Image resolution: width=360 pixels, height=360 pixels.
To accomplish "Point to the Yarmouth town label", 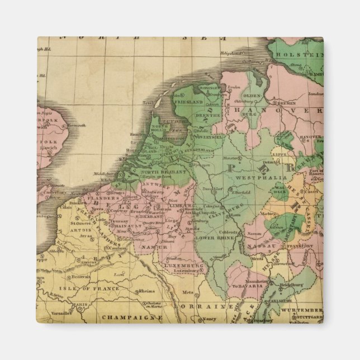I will point(78,126).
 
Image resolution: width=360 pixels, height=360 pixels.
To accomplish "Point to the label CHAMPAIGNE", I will point(128,318).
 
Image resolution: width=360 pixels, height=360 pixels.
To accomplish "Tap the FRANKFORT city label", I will point(290,245).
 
